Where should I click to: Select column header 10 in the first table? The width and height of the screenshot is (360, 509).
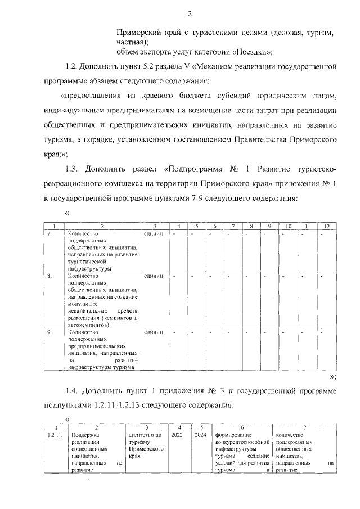[289, 226]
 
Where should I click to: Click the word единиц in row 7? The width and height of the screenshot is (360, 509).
[154, 233]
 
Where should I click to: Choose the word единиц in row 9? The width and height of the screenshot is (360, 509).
[154, 332]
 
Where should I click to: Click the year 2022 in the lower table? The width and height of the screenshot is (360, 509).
[177, 435]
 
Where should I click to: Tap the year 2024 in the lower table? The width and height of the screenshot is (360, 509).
[200, 435]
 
